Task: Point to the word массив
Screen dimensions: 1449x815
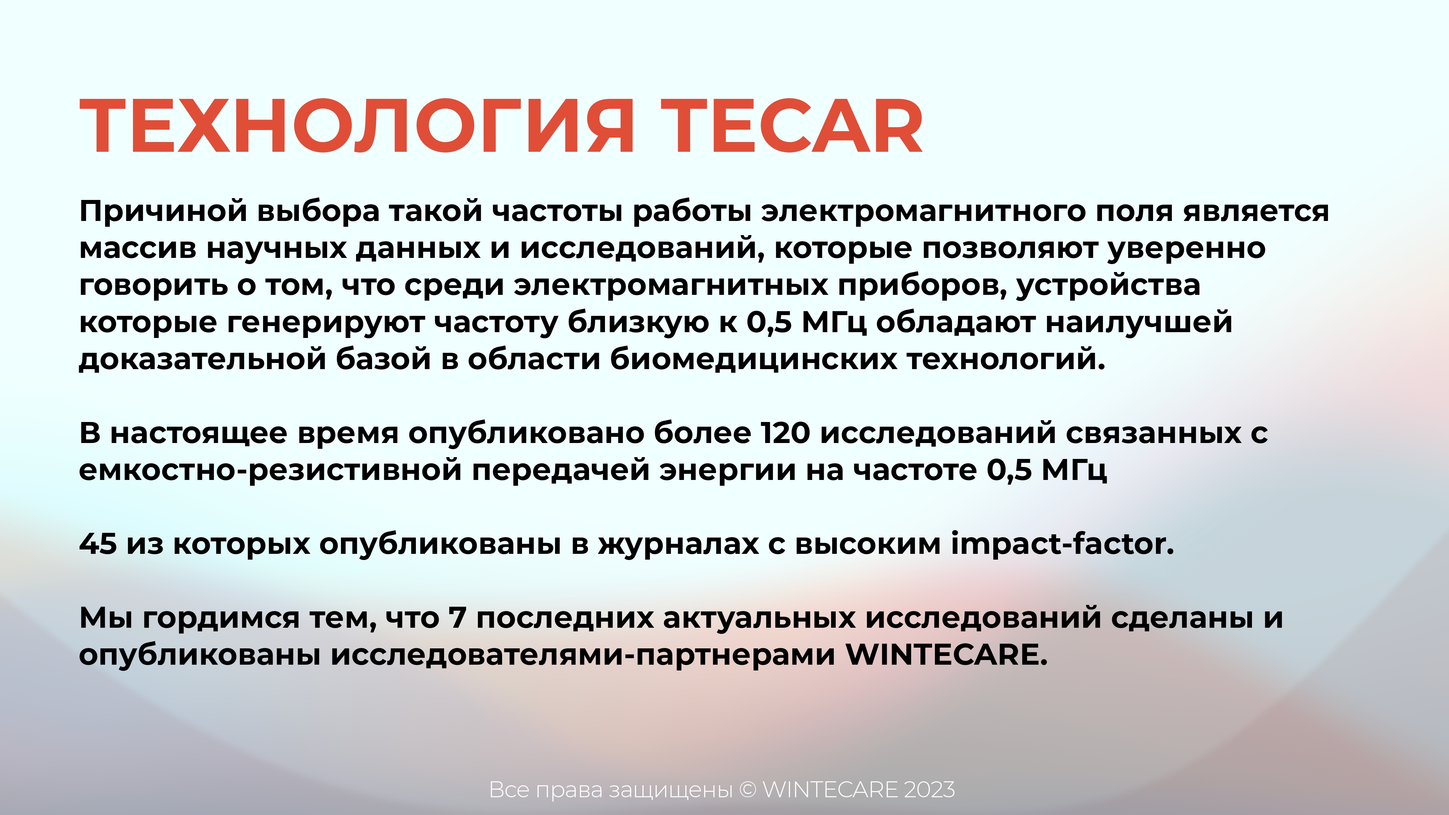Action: pos(138,248)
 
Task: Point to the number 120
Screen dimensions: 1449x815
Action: pos(785,433)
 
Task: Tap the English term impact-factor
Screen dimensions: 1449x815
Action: pos(1062,543)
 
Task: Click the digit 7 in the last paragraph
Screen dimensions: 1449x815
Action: pos(457,618)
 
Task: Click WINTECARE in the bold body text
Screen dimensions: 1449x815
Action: pos(946,655)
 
